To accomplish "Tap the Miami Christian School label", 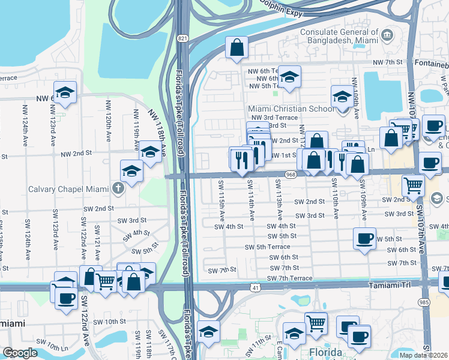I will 291,109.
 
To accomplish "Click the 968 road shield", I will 291,175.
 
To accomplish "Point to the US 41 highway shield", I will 255,289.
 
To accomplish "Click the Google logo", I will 20,353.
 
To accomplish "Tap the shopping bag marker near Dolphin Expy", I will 237,47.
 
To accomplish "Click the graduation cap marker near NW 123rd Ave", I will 65,92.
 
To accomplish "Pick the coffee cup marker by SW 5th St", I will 364,238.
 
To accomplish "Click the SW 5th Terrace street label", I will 267,247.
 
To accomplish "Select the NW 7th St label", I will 387,62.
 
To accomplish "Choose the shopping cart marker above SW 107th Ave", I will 413,185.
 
